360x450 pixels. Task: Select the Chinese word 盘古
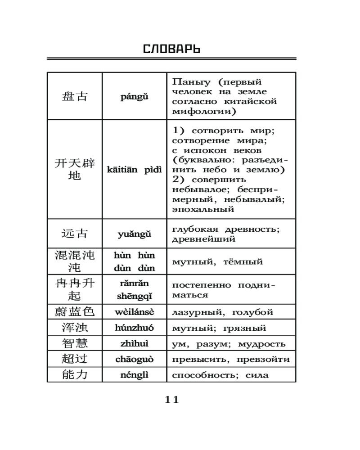pos(74,96)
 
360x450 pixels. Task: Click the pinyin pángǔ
pos(134,96)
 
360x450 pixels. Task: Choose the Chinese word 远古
pos(74,234)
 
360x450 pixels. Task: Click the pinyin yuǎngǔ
pos(134,234)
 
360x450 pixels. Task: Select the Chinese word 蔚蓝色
pos(74,312)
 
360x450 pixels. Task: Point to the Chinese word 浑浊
pos(74,328)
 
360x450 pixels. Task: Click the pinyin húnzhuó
pos(134,328)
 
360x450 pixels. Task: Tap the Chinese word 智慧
pos(74,343)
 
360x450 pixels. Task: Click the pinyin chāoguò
pos(134,360)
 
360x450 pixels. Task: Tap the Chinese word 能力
pos(74,374)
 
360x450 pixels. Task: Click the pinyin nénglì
pos(134,375)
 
